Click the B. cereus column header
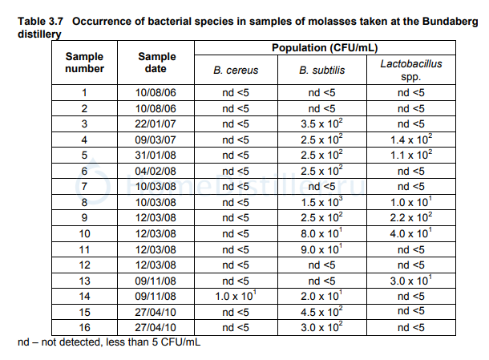click(x=236, y=71)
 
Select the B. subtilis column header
click(x=321, y=71)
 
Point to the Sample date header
click(x=156, y=63)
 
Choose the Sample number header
click(x=84, y=63)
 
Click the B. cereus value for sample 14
click(x=236, y=297)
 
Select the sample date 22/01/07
click(x=156, y=123)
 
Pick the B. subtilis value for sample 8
click(x=321, y=200)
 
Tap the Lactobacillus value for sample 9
click(x=412, y=216)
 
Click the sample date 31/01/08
click(x=156, y=155)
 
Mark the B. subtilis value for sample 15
click(x=321, y=312)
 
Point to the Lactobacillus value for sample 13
click(x=412, y=281)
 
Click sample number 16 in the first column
click(x=84, y=327)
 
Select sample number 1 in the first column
click(x=84, y=92)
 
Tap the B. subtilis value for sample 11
click(x=321, y=249)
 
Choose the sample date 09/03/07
click(x=156, y=140)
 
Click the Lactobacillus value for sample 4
click(x=412, y=140)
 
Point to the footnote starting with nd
click(x=109, y=343)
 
